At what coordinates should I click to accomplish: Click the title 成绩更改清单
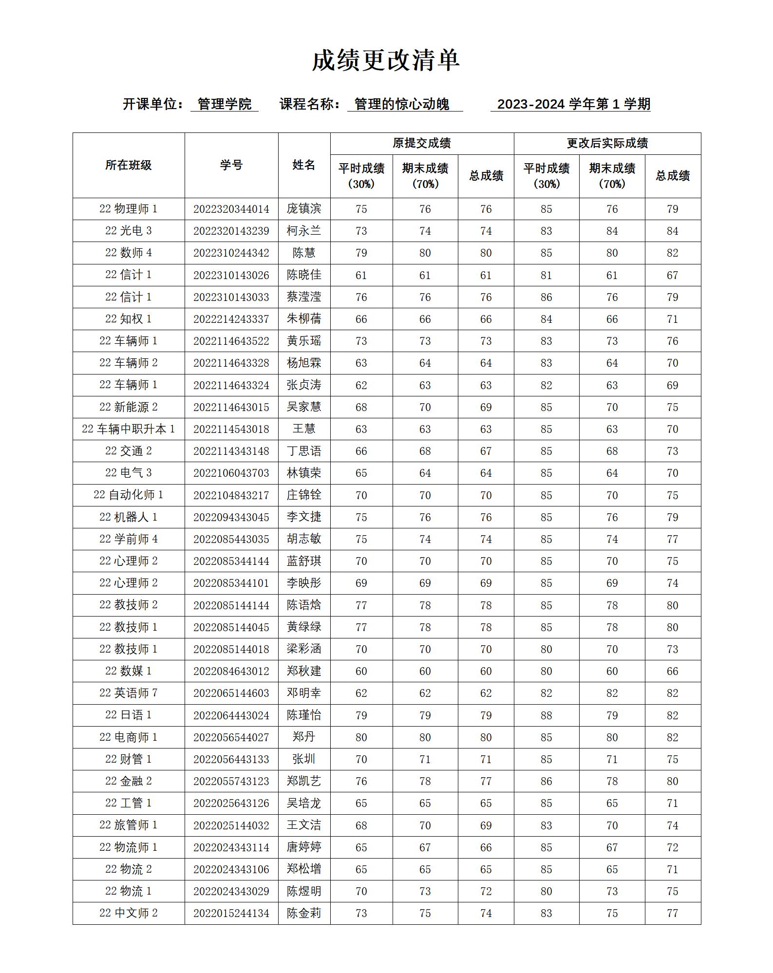click(x=386, y=60)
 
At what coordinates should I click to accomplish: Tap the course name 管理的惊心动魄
click(x=402, y=104)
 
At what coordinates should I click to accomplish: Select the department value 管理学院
click(x=225, y=104)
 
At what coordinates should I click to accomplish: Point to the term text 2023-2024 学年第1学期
click(x=573, y=104)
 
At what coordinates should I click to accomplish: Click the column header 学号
click(x=231, y=165)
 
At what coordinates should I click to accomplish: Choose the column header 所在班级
click(x=129, y=165)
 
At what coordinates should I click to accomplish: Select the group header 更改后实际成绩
click(x=607, y=143)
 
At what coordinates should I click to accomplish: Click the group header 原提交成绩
click(x=422, y=143)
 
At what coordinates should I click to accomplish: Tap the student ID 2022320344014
click(x=231, y=209)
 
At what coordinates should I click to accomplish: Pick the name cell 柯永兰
click(x=304, y=231)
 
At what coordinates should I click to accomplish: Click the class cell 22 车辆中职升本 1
click(x=129, y=429)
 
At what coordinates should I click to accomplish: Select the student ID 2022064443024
click(x=231, y=715)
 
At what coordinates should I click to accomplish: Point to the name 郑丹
click(x=304, y=737)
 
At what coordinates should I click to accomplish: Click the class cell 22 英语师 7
click(x=129, y=693)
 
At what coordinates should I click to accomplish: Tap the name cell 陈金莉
click(x=304, y=913)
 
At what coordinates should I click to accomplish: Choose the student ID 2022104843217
click(x=231, y=495)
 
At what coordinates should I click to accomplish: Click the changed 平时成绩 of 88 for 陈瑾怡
click(x=546, y=715)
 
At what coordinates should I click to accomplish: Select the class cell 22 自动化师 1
click(x=129, y=495)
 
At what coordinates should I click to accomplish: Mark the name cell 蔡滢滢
click(x=304, y=297)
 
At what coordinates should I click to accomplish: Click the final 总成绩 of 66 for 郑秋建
click(x=672, y=671)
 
